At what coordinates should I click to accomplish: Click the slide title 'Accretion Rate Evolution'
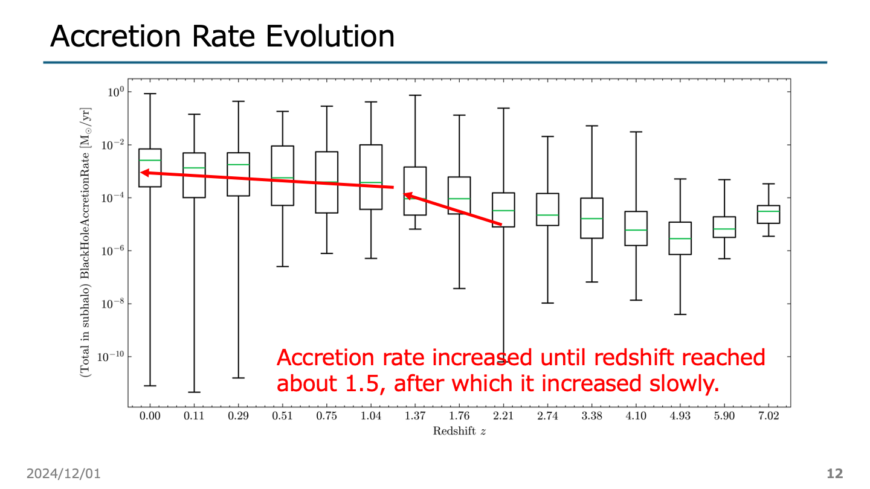point(222,36)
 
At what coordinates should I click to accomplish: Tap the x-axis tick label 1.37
point(414,417)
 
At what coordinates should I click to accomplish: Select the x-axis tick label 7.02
point(768,417)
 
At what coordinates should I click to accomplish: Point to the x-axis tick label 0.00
point(149,417)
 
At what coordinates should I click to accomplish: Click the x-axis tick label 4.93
point(680,417)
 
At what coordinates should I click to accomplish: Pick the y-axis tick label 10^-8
point(111,304)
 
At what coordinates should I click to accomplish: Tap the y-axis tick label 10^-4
point(111,198)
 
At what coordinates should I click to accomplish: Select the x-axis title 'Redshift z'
point(459,431)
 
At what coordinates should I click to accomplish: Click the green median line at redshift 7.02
point(768,211)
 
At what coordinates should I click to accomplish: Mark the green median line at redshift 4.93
point(680,238)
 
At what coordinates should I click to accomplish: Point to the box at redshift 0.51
point(282,175)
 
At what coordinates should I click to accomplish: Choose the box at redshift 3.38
point(591,218)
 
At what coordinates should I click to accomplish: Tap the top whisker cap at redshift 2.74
point(547,136)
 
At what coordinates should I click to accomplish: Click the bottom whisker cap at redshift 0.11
point(194,392)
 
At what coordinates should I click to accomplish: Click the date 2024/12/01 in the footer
point(63,474)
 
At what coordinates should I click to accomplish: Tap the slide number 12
point(834,474)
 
